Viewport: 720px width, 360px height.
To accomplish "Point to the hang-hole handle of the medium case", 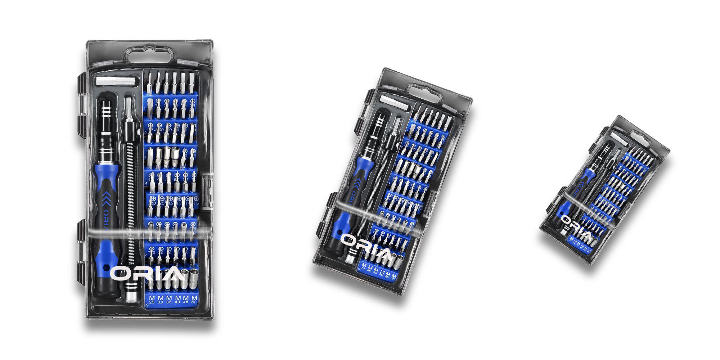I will click(424, 93).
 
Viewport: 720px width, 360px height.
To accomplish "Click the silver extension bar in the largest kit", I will click(117, 81).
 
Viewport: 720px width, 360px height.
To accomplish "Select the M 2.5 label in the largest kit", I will click(152, 300).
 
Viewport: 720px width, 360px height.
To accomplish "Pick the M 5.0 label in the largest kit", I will click(194, 300).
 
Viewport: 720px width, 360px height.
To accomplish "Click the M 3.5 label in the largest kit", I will click(169, 300).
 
